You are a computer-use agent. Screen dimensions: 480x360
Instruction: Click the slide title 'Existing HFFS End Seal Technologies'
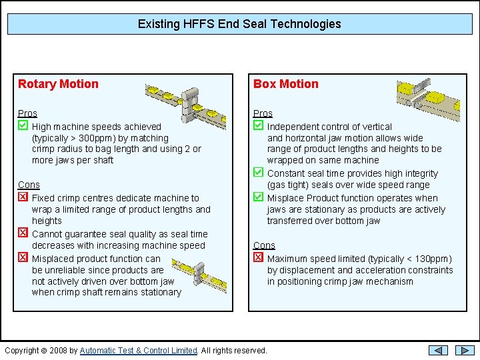click(239, 24)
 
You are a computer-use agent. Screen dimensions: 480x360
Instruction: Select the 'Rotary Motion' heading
click(58, 84)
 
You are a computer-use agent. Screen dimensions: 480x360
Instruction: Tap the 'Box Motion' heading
click(286, 84)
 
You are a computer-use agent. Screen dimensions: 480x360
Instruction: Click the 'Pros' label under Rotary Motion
click(27, 113)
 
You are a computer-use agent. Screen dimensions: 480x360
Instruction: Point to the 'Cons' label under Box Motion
click(264, 245)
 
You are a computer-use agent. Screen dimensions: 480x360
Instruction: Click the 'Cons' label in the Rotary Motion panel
click(29, 185)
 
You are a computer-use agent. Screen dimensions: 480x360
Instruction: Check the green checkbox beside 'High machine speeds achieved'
click(23, 125)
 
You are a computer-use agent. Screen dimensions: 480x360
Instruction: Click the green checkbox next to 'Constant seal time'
click(259, 173)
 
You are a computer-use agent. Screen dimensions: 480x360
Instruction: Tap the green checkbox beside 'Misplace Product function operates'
click(259, 197)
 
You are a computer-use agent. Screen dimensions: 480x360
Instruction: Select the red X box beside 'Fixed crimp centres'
click(23, 197)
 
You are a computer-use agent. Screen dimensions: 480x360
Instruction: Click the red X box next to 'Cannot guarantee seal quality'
click(23, 233)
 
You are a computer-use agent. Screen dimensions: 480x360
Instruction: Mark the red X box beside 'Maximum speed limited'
click(259, 257)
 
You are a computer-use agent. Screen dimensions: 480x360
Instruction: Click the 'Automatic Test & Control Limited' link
click(139, 351)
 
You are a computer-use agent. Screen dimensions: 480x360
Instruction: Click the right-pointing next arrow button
click(465, 351)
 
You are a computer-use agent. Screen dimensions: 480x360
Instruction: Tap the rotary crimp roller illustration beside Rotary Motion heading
click(185, 105)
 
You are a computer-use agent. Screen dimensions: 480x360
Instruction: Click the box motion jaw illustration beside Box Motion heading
click(428, 99)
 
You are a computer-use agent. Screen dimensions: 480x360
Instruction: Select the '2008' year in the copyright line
click(58, 351)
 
